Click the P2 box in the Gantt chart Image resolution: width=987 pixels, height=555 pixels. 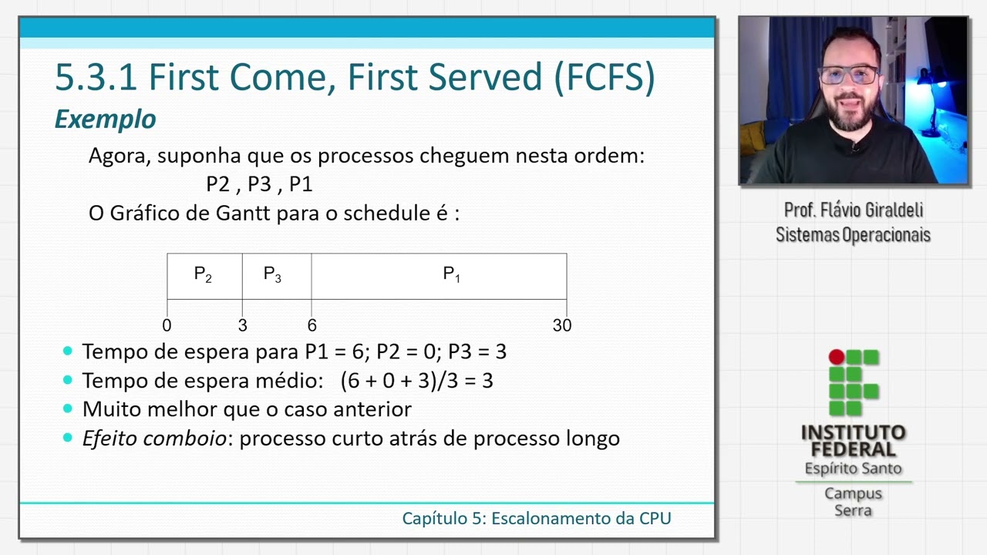204,275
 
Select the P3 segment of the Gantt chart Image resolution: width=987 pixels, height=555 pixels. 273,275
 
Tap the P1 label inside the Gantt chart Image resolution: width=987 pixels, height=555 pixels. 451,274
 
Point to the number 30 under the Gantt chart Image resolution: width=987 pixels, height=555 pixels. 561,325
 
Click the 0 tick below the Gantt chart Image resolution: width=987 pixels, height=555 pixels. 167,325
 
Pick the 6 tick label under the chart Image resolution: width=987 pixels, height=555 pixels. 312,325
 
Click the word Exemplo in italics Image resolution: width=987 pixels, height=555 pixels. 105,119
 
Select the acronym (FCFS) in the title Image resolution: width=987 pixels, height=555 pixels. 604,77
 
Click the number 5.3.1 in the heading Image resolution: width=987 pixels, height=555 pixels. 96,77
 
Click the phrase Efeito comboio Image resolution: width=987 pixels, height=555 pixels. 154,438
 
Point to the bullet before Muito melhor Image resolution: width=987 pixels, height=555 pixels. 68,409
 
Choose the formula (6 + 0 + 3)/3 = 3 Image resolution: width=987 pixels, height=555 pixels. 416,380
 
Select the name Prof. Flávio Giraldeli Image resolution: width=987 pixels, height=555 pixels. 853,210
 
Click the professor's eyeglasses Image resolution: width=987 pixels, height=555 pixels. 849,76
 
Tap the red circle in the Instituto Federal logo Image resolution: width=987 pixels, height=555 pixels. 836,357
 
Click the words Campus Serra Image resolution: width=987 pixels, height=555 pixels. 853,501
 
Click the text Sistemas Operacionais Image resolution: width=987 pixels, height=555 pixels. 853,234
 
